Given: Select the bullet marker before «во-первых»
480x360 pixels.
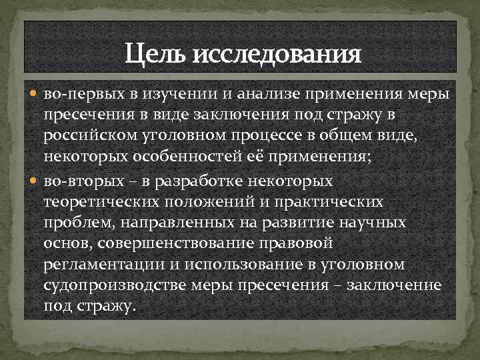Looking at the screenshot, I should (x=36, y=95).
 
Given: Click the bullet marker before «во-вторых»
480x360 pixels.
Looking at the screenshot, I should (x=36, y=181).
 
